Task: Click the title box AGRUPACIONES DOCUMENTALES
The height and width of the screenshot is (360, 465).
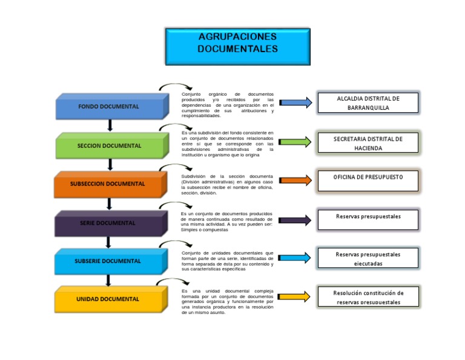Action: click(237, 46)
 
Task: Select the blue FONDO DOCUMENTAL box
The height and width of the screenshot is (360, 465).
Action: click(109, 107)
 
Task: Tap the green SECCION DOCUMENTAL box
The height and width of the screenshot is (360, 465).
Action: click(109, 146)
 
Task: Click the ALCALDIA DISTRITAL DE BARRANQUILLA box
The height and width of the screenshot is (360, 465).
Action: click(368, 103)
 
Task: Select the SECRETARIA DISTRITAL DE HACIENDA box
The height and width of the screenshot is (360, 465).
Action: click(368, 143)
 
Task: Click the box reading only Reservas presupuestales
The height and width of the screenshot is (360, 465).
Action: click(368, 220)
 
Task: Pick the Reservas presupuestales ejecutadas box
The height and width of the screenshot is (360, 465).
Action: click(368, 259)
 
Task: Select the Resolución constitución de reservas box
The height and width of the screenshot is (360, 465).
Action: click(368, 297)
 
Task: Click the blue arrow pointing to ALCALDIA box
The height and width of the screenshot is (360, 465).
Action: click(296, 103)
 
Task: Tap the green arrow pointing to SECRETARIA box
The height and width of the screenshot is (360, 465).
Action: click(296, 142)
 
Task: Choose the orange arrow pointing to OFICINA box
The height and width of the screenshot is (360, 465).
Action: click(296, 180)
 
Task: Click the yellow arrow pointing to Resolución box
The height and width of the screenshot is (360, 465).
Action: click(296, 296)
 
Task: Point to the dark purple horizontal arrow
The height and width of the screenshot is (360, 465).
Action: click(296, 220)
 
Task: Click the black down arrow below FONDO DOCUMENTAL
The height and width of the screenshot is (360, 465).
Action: click(110, 125)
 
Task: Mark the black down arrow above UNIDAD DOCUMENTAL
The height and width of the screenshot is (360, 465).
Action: click(108, 280)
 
